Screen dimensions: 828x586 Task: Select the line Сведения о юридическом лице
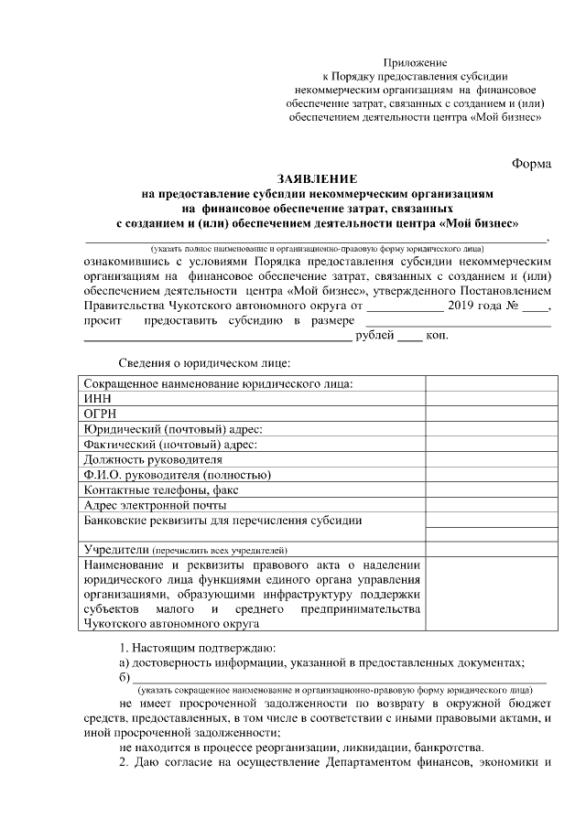(x=199, y=364)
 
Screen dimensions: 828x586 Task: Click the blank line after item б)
(x=339, y=677)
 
